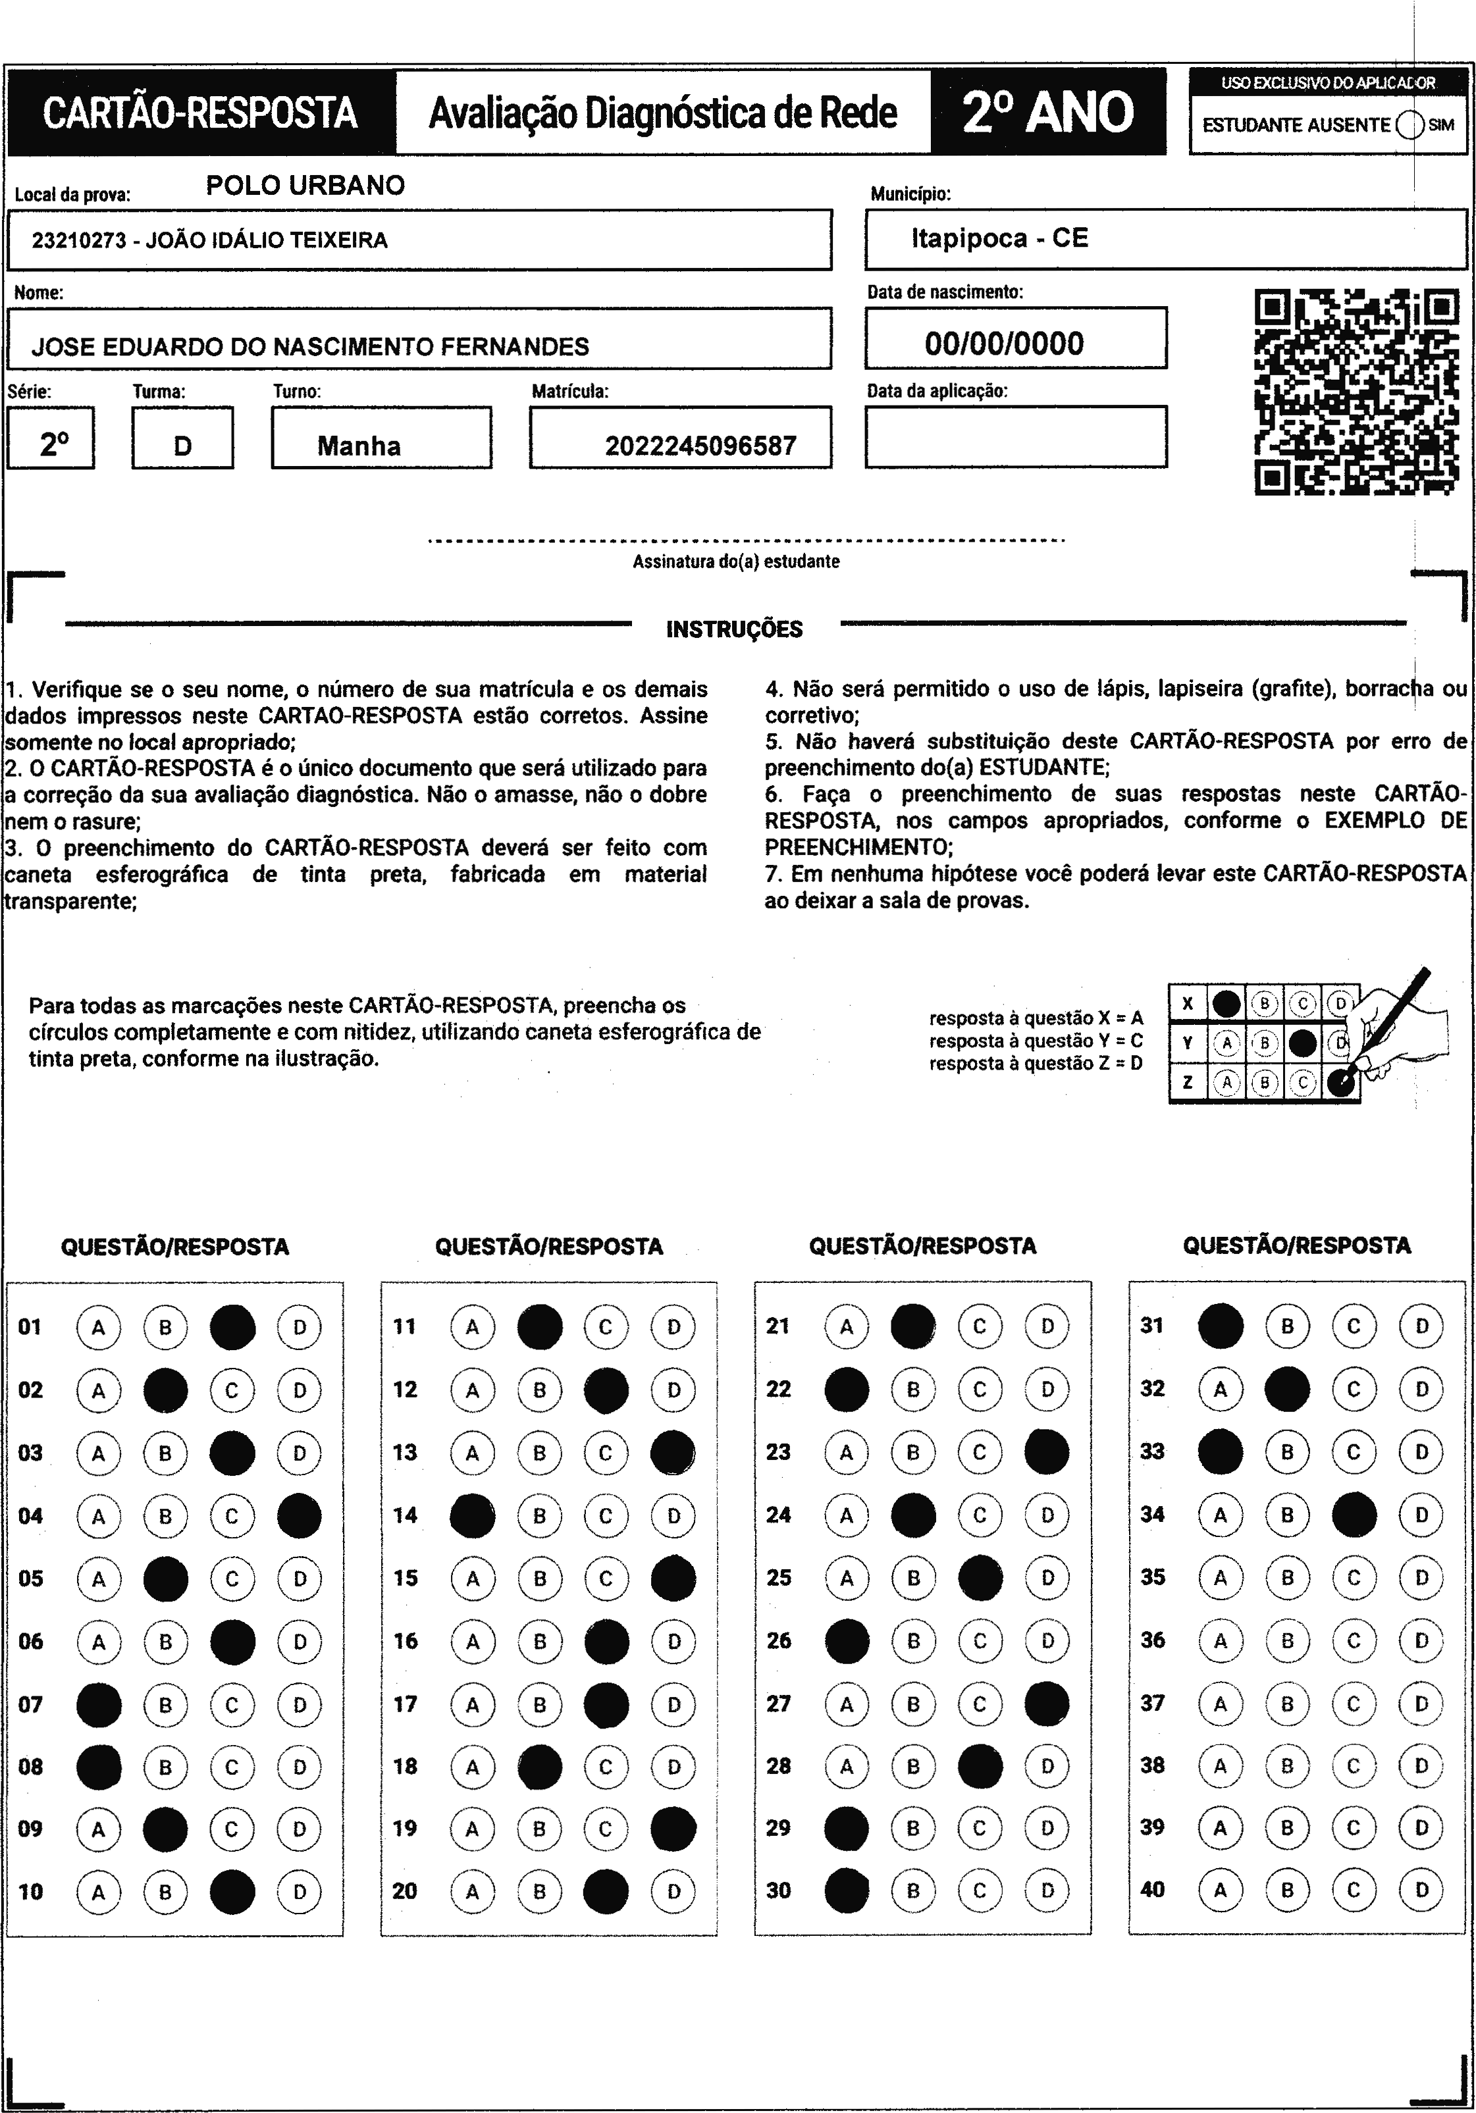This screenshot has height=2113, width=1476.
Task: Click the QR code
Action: tap(1356, 392)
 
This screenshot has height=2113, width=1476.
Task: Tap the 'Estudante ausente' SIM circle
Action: tap(1409, 125)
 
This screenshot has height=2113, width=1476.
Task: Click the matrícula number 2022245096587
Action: tap(700, 446)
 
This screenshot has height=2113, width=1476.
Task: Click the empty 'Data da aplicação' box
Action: tap(1015, 437)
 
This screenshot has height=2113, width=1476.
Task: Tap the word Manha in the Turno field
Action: tap(359, 446)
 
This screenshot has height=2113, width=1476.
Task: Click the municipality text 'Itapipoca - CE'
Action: tap(999, 238)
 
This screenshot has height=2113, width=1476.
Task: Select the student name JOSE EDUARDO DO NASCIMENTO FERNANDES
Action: tap(310, 347)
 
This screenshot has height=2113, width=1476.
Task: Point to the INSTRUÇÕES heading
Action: tap(734, 629)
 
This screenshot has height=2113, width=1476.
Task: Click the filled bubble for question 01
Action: tap(233, 1327)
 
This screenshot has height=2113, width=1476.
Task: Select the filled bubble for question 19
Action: tap(673, 1829)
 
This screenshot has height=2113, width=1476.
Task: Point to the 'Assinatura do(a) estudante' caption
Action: tap(735, 561)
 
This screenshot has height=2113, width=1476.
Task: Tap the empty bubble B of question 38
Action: tap(1287, 1766)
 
